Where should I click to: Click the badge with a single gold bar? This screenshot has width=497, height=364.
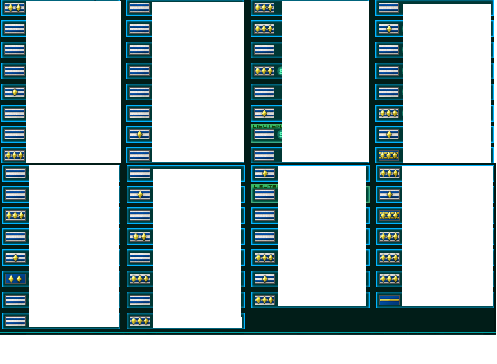coord(389,299)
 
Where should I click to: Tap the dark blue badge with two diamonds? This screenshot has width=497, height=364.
coord(15,279)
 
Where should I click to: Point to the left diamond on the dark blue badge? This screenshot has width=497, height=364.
coord(10,279)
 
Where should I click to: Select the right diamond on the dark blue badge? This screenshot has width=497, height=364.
coord(19,279)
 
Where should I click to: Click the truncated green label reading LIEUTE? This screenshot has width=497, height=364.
coord(265,186)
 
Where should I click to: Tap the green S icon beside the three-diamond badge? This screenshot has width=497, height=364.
coord(280,71)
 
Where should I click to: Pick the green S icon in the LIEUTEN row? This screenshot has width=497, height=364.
coord(280,134)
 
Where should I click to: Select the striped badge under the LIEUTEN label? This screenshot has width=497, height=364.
coord(264,135)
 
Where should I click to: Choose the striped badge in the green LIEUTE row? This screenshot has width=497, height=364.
coord(264,194)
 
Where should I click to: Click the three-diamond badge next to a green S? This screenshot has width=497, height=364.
coord(264,71)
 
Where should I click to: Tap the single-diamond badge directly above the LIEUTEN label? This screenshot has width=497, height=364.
coord(264,113)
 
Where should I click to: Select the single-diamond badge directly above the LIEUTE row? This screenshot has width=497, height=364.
coord(264,173)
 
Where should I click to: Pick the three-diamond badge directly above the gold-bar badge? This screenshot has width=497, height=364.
coord(389,279)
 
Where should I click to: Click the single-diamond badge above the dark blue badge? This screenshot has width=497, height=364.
coord(15,258)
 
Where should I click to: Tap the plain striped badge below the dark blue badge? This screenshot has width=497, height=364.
coord(15,300)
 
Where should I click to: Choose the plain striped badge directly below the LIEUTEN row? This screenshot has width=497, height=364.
coord(264,155)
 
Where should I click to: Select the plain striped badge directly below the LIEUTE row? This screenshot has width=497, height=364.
coord(264,216)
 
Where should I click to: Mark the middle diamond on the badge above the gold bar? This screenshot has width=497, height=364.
coord(389,279)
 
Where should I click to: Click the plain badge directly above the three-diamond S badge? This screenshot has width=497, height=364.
coord(264,50)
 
